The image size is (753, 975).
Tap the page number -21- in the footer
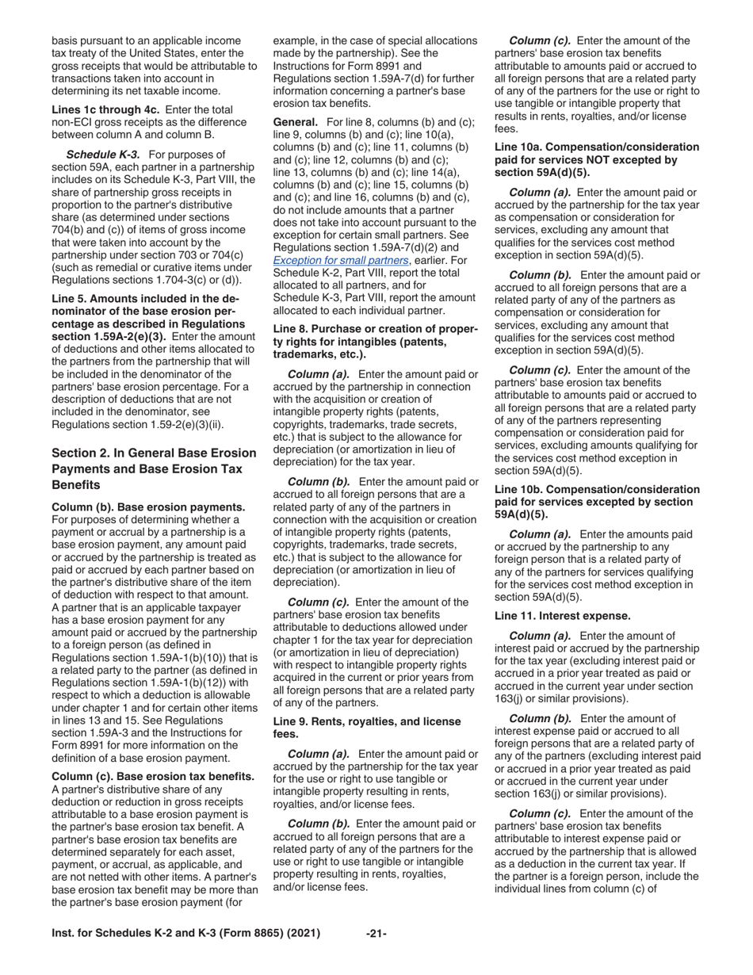376,934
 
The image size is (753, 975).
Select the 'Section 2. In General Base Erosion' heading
154,453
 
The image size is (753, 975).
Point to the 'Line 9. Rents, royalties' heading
366,721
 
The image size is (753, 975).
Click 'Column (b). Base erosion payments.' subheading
148,506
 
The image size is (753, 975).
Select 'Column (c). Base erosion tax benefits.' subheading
153,775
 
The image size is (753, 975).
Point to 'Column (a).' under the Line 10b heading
540,535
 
